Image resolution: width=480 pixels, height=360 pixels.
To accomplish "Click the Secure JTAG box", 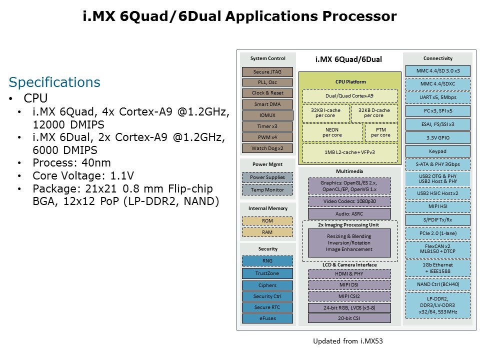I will coord(267,71).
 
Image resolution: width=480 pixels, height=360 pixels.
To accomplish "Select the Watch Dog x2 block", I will coord(267,148).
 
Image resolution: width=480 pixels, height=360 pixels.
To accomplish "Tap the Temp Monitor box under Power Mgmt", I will coord(267,189).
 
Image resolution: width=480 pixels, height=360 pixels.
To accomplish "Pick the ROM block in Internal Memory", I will coord(267,220).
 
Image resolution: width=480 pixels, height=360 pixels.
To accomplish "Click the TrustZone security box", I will coord(267,273).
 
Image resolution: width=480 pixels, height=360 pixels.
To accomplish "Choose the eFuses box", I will coord(267,318).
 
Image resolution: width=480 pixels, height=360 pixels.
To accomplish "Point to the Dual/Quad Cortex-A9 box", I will coord(350,95).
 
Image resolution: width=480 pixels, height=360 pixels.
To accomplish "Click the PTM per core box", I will coord(381,132).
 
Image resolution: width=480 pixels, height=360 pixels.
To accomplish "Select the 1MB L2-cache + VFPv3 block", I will coord(350,151).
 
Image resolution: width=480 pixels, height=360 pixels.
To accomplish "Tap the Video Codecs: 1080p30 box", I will coord(349,201).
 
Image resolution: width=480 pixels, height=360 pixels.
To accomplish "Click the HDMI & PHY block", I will coord(349,273).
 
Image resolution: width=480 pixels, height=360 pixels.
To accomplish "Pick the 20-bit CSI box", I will coord(349,318).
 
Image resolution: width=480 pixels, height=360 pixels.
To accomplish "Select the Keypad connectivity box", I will coord(437,151).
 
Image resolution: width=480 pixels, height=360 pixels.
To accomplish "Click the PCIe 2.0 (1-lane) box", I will coord(437,233).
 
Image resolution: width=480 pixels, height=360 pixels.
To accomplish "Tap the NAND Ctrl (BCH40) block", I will coord(437,284).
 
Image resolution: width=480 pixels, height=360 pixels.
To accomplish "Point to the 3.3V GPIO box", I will coord(437,137).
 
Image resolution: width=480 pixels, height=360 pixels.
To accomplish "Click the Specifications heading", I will coord(54,82).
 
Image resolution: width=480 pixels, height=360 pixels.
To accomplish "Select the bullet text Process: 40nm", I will coord(72,162).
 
